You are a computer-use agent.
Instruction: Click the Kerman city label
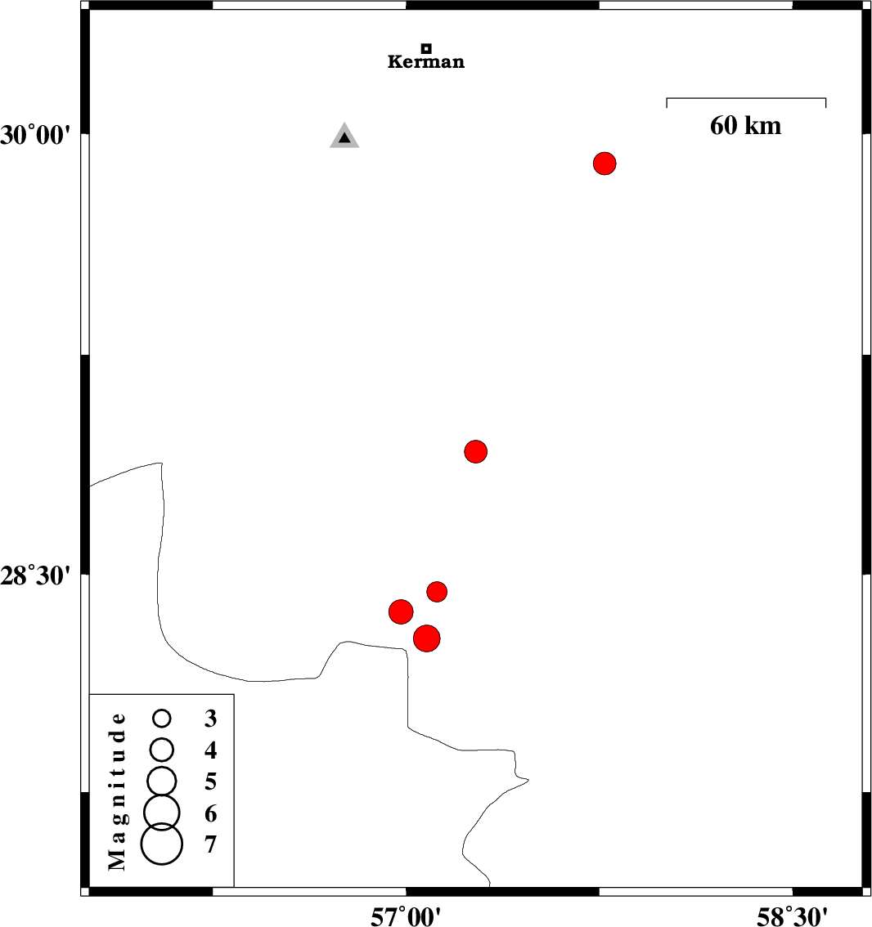point(426,62)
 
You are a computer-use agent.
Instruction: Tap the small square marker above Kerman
point(426,48)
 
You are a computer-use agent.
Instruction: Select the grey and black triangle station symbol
point(344,137)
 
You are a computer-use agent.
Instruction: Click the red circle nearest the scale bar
point(605,163)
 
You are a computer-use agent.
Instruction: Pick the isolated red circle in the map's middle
point(476,451)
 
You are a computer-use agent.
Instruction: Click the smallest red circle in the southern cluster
point(437,591)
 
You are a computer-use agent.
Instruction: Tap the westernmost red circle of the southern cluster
point(401,611)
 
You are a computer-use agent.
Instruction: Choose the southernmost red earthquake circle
point(427,638)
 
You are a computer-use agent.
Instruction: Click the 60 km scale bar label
point(745,126)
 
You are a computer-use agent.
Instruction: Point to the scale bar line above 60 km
point(746,99)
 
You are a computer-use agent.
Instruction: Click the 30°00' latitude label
point(37,135)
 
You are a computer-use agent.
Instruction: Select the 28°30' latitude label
point(37,576)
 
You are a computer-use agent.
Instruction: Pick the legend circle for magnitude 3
point(162,719)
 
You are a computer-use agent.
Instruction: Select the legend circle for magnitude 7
point(161,844)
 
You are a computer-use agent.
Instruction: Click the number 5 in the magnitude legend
point(210,782)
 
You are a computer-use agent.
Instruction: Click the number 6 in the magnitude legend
point(210,813)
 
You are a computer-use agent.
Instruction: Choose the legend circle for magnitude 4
point(162,749)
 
